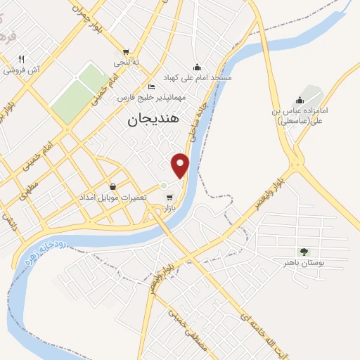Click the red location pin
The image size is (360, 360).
click(181, 165)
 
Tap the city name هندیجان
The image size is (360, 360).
click(154, 120)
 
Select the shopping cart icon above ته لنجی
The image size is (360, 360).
click(126, 51)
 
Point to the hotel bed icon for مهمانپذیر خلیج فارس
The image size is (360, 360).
click(151, 86)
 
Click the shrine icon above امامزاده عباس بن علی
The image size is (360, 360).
click(301, 99)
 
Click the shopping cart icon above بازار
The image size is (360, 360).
click(169, 198)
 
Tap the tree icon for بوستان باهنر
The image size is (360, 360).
click(304, 251)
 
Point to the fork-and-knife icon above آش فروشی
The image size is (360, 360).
click(22, 59)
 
